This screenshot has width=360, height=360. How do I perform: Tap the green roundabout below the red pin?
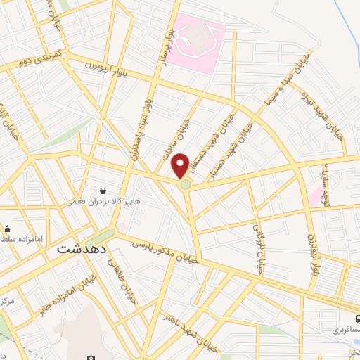(185, 184)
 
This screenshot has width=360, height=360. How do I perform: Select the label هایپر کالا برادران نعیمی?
(98, 201)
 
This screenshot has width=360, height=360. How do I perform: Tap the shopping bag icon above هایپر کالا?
(103, 191)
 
